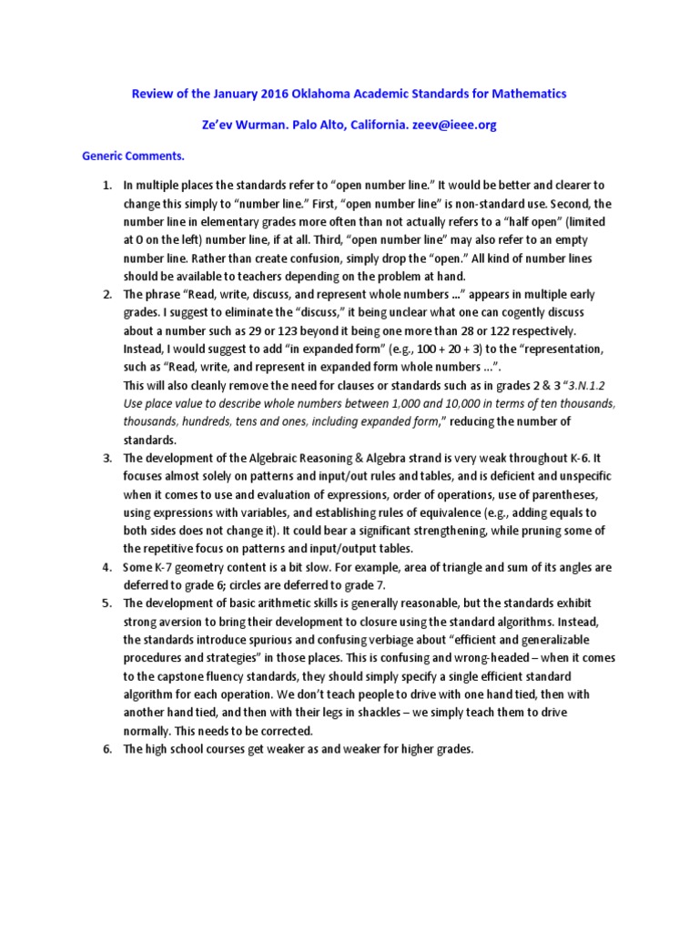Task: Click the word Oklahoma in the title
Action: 316,94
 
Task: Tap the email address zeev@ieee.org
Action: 455,126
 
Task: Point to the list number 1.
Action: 106,186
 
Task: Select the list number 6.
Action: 106,748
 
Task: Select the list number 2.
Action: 106,294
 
